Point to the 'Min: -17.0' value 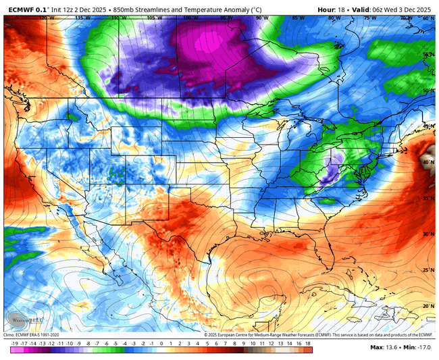pos(419,347)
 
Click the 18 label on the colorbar pos(308,342)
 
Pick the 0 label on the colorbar pos(162,342)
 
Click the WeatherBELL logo pos(20,319)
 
